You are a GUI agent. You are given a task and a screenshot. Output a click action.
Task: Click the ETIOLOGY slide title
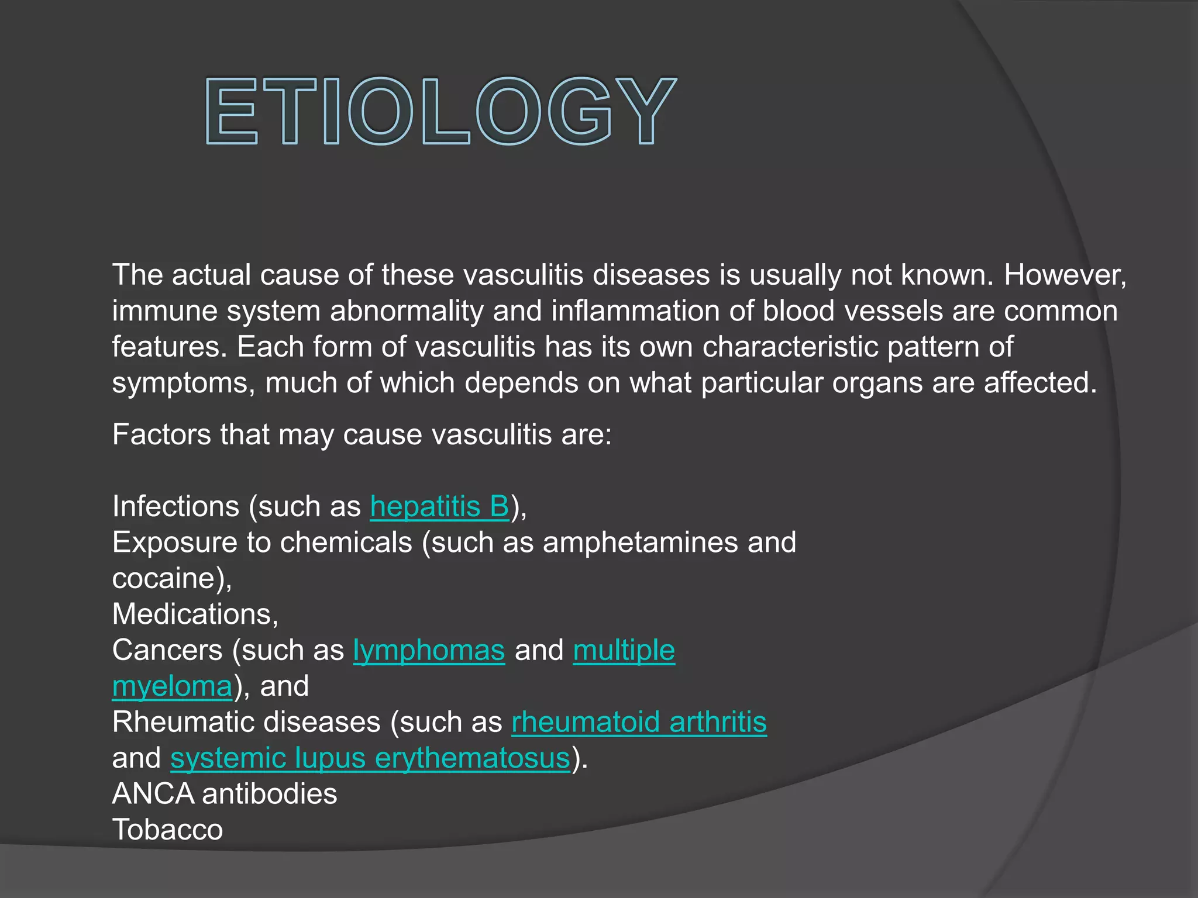click(441, 111)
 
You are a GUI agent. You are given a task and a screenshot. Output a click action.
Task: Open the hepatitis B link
click(439, 506)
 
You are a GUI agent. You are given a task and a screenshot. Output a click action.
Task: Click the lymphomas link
click(429, 650)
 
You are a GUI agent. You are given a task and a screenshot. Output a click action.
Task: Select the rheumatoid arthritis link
click(639, 722)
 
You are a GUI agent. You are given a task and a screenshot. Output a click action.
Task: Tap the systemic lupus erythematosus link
click(370, 758)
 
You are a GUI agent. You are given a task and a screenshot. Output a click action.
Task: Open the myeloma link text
click(172, 686)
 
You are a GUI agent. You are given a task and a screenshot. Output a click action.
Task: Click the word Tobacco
click(167, 830)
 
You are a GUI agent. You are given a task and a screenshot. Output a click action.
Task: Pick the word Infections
click(175, 506)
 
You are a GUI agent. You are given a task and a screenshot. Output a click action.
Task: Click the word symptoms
click(181, 384)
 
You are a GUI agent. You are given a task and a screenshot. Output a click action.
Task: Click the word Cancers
click(167, 650)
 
